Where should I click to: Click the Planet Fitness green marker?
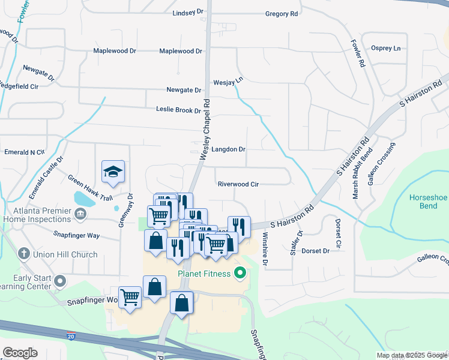click(x=241, y=275)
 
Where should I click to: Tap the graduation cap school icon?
click(x=113, y=172)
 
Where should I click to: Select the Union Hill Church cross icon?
click(x=24, y=254)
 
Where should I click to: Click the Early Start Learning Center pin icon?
click(x=59, y=280)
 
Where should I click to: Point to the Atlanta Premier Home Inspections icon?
click(x=80, y=214)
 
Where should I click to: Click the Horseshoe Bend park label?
click(x=429, y=202)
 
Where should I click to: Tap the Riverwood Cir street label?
click(x=238, y=184)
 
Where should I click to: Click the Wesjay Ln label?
click(x=228, y=80)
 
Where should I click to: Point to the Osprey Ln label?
click(x=385, y=48)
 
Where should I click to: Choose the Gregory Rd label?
click(x=282, y=13)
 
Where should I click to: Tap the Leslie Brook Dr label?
click(x=178, y=110)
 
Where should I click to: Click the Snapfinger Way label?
click(x=76, y=235)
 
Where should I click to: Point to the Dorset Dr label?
click(x=316, y=251)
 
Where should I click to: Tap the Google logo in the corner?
click(x=20, y=353)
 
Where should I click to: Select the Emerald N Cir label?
click(x=25, y=152)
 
